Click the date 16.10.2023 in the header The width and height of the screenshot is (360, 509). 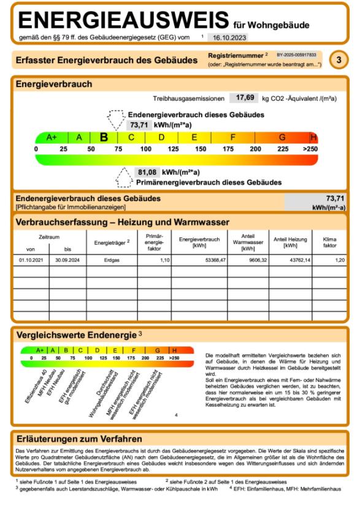tap(229, 38)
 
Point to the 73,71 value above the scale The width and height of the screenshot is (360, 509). tap(139, 124)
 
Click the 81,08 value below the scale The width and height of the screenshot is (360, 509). tap(147, 172)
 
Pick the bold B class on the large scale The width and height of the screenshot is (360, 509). tap(104, 137)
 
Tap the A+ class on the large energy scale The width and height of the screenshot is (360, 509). tap(52, 137)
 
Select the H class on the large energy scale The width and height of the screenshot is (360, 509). tap(313, 137)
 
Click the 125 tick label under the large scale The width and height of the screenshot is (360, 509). tap(173, 149)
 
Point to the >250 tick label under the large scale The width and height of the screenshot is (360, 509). tap(310, 149)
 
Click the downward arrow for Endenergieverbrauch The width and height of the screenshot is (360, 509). tap(116, 119)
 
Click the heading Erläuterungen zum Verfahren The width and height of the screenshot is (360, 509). tap(79, 438)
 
